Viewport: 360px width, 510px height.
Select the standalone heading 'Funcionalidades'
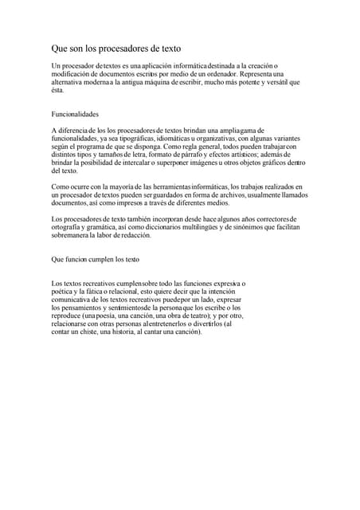tap(77, 114)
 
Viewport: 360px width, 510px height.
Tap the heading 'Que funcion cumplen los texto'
tap(95, 260)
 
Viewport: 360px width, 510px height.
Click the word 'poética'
tap(64, 291)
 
